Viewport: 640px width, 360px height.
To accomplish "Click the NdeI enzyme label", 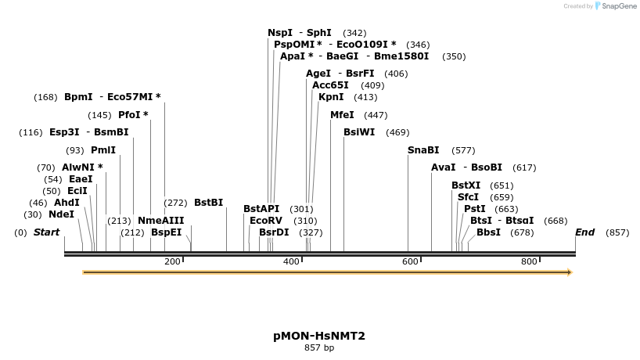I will pos(61,214).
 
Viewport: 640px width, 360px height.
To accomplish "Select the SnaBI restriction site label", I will pos(423,150).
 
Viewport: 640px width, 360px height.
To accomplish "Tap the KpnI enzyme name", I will pos(331,97).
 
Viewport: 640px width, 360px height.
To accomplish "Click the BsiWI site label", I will pos(359,132).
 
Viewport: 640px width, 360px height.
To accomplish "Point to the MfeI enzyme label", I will pos(342,115).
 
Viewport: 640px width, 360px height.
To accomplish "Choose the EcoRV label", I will pos(265,221).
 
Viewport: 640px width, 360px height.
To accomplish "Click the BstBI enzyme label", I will pos(208,203).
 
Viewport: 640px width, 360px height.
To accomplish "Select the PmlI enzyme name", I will pos(102,150).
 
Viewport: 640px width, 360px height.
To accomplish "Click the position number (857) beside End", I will pos(617,232).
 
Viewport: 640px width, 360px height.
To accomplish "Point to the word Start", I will pos(46,232).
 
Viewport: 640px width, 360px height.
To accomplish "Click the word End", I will pos(584,232).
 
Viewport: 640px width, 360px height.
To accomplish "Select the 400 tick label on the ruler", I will pos(291,261).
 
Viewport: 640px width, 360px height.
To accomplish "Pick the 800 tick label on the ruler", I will pos(529,261).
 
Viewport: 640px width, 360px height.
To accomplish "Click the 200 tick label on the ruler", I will pos(172,261).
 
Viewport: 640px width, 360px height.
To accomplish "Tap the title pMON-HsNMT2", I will pos(319,336).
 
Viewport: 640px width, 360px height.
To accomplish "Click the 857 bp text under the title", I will pos(319,348).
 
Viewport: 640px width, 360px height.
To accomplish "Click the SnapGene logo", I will pos(615,6).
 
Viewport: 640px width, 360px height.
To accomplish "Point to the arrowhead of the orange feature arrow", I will pos(570,272).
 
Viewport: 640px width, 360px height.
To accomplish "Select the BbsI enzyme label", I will pos(488,232).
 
